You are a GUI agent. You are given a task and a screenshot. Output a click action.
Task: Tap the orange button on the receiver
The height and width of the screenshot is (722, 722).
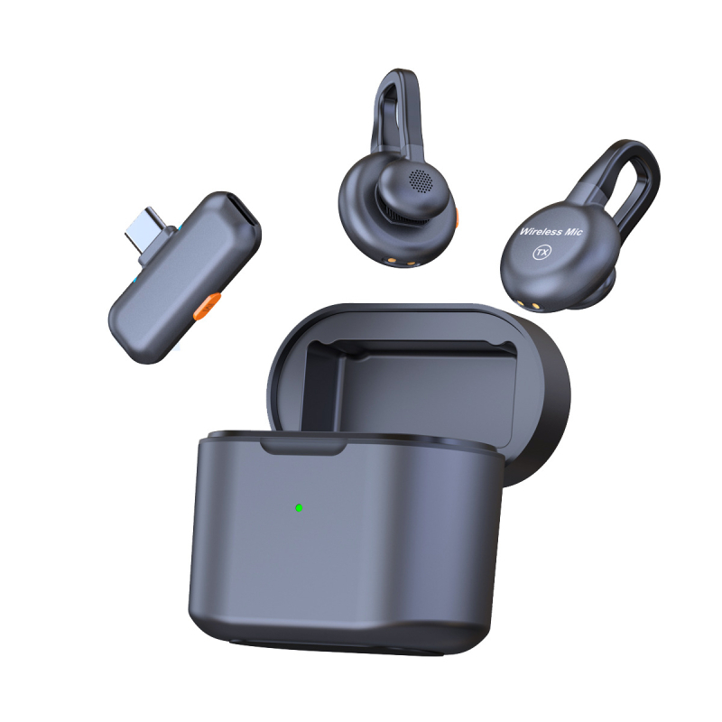[208, 306]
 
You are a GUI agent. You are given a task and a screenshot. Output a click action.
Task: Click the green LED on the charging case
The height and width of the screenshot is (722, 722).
[299, 508]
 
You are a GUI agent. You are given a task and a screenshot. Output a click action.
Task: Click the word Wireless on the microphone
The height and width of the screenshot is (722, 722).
[541, 231]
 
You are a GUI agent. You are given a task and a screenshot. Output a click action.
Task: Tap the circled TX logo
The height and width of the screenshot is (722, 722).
[542, 253]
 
